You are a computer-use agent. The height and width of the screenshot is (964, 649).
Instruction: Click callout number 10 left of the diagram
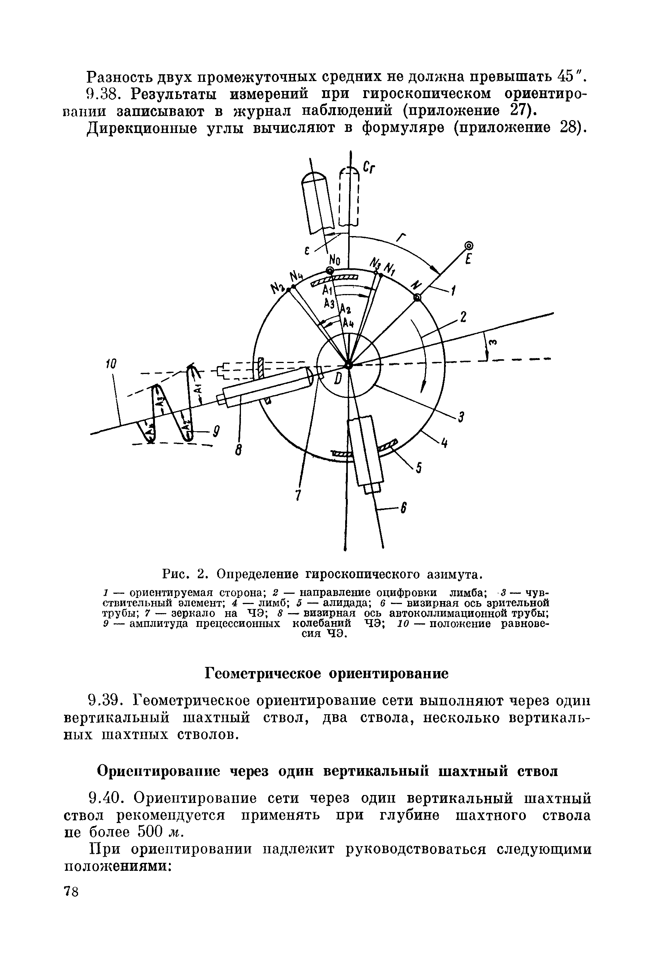coord(111,364)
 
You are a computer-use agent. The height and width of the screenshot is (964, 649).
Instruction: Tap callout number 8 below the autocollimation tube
coord(238,450)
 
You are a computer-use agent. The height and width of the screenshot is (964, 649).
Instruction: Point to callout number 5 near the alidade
coord(418,468)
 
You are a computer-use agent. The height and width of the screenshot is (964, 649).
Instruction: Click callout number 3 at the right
coord(460,417)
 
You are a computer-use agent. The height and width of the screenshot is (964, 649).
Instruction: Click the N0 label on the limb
coord(335,260)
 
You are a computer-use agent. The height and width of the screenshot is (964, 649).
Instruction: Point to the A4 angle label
coord(348,322)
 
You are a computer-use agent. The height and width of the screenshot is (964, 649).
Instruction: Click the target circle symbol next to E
coord(469,246)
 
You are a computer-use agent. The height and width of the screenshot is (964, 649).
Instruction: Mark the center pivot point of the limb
coord(349,365)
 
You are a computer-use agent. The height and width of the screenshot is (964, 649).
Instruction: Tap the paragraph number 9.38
coord(107,94)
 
